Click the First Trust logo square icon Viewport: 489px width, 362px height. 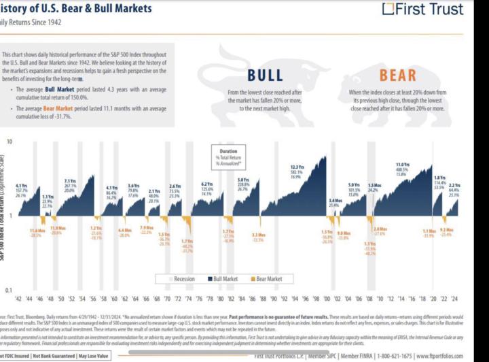388,9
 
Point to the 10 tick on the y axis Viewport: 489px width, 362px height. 9,142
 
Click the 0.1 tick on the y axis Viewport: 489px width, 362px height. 7,290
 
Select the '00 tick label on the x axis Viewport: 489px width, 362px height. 326,298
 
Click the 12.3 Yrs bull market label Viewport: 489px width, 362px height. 296,167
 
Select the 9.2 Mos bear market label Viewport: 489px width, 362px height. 446,231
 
